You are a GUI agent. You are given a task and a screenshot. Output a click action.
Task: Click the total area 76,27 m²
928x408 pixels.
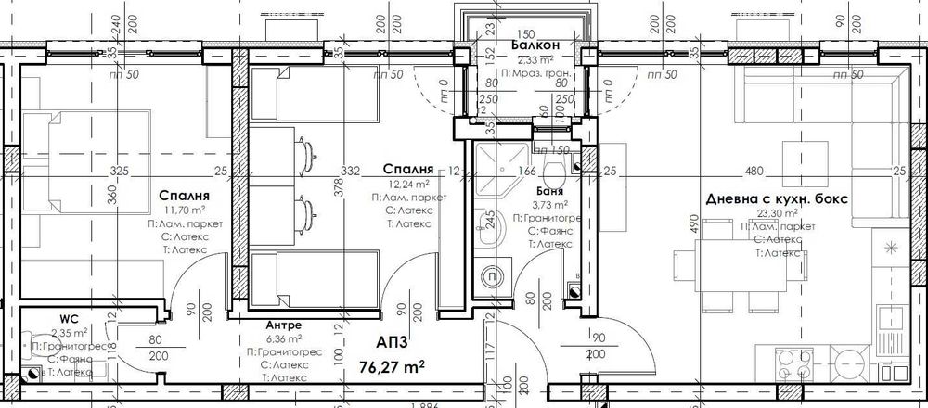(x=391, y=366)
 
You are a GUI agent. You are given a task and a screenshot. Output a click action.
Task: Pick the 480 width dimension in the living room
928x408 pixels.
(x=754, y=171)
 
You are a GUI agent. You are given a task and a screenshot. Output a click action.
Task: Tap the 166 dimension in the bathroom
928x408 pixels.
(x=527, y=171)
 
